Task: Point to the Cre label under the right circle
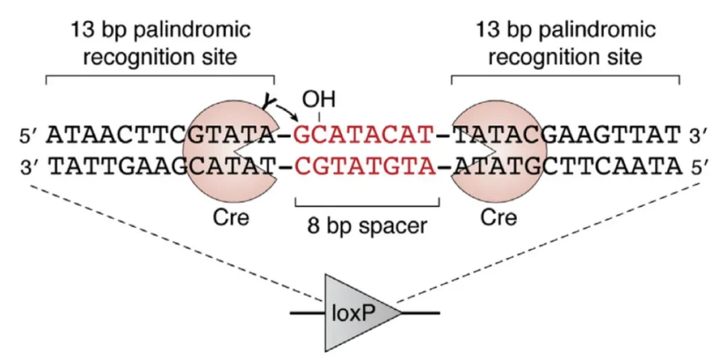pos(499,217)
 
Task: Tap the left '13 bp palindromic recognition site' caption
pos(161,44)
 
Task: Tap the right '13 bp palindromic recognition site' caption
pos(565,44)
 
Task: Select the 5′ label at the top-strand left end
pos(31,137)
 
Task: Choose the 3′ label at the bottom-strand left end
pos(31,166)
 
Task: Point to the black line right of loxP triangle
pos(421,313)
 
